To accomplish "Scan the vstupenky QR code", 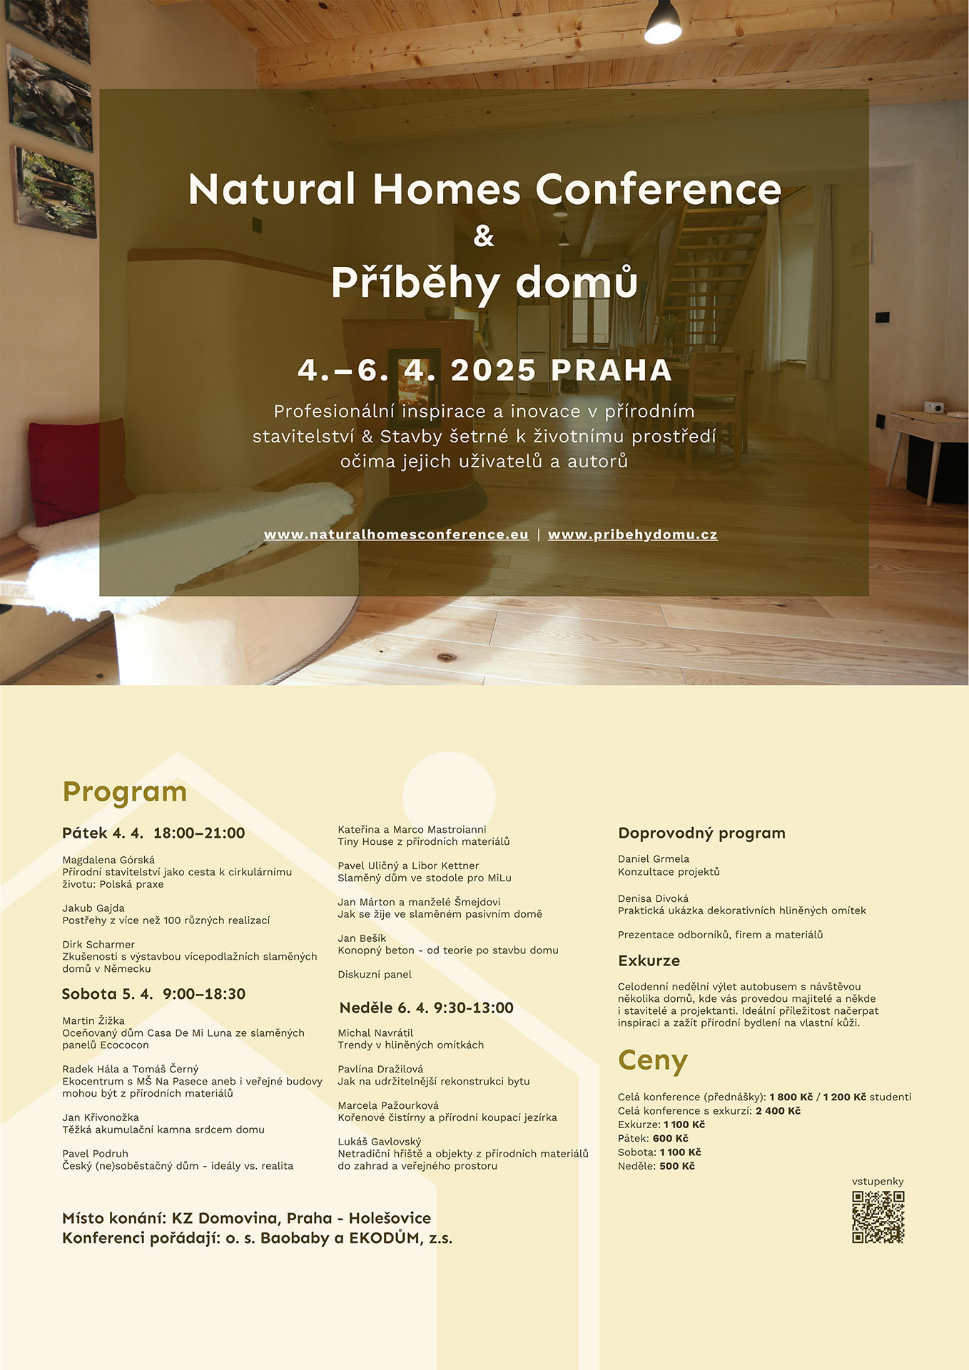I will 878,1217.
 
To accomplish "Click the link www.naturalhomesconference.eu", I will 396,534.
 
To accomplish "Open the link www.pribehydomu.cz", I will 632,534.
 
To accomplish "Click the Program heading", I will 125,791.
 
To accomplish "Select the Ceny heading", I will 652,1060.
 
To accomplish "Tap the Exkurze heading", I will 649,960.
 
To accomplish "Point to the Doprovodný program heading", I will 701,833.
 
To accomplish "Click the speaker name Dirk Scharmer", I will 98,944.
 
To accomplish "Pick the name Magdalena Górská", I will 108,860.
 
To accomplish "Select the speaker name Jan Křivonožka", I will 101,1117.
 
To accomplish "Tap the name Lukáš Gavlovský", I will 380,1142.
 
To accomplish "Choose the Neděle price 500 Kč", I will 676,1166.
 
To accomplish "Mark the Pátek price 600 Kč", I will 670,1139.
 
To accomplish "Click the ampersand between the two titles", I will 484,236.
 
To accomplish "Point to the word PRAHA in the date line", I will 612,370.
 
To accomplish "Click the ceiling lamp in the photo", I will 663,24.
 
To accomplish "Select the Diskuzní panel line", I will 375,974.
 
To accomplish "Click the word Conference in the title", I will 658,190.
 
